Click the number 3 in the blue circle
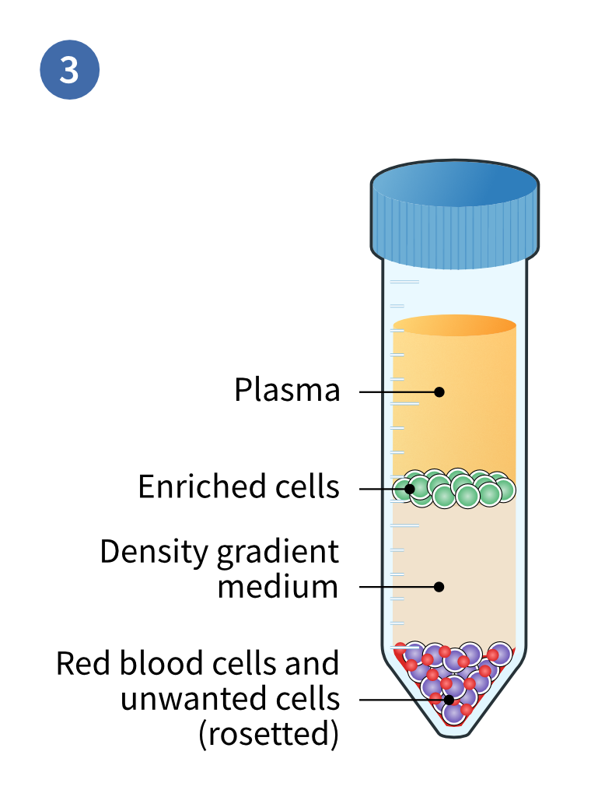(x=69, y=69)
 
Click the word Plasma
(x=287, y=390)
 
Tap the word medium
(x=278, y=586)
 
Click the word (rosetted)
(x=269, y=733)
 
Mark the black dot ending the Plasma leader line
(x=439, y=391)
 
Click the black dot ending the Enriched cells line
(x=408, y=489)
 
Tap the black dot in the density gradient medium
(x=439, y=586)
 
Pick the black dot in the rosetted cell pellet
(x=449, y=699)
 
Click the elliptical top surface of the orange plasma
(x=454, y=325)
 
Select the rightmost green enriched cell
(x=504, y=490)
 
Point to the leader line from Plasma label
(x=397, y=391)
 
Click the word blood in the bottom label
(x=156, y=664)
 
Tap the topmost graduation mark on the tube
(x=404, y=281)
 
